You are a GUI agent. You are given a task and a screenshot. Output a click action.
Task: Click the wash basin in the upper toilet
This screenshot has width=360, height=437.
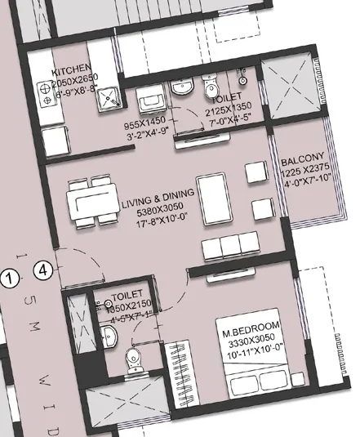[x=180, y=88]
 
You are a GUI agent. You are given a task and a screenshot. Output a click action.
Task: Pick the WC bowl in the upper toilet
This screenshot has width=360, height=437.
[x=211, y=88]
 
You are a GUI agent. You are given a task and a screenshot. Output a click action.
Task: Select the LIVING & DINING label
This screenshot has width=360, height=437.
[x=158, y=194]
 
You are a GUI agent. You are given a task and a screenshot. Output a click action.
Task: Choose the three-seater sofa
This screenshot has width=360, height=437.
[x=230, y=245]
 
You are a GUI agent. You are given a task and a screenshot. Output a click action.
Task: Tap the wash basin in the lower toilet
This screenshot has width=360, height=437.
[x=115, y=336]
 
